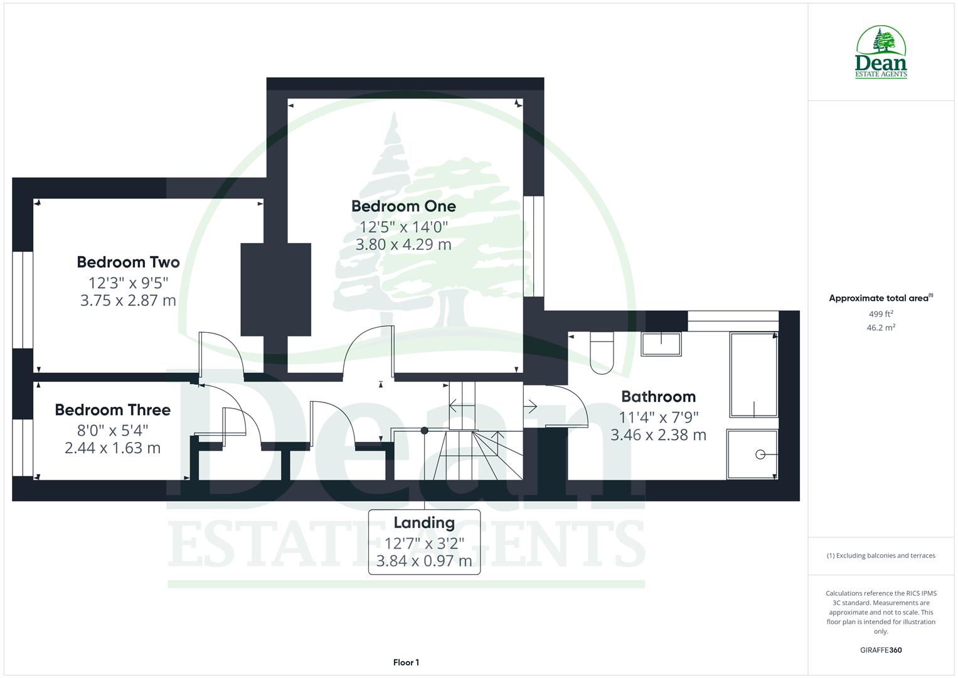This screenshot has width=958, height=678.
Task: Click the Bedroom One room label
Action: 403,206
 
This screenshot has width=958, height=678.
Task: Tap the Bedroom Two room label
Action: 128,262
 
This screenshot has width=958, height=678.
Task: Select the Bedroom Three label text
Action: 112,410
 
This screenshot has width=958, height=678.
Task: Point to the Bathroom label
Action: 658,396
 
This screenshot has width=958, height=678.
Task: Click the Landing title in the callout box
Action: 424,522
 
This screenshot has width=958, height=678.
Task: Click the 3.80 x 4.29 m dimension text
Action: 403,244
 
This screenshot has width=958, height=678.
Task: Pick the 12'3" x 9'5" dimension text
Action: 128,282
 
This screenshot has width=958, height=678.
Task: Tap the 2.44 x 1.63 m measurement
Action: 112,448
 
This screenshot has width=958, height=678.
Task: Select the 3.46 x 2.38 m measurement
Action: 658,434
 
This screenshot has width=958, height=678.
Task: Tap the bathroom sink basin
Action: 661,343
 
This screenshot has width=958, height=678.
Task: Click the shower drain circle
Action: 760,454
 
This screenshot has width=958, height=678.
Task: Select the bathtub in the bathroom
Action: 753,375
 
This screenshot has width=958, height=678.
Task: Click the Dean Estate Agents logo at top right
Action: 881,53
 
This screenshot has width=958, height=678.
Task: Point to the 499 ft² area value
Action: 881,314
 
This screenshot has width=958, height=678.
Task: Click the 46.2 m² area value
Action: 881,328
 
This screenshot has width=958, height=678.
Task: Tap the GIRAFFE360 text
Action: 881,650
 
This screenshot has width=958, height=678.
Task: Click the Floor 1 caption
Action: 406,662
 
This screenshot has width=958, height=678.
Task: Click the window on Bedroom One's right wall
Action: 533,246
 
